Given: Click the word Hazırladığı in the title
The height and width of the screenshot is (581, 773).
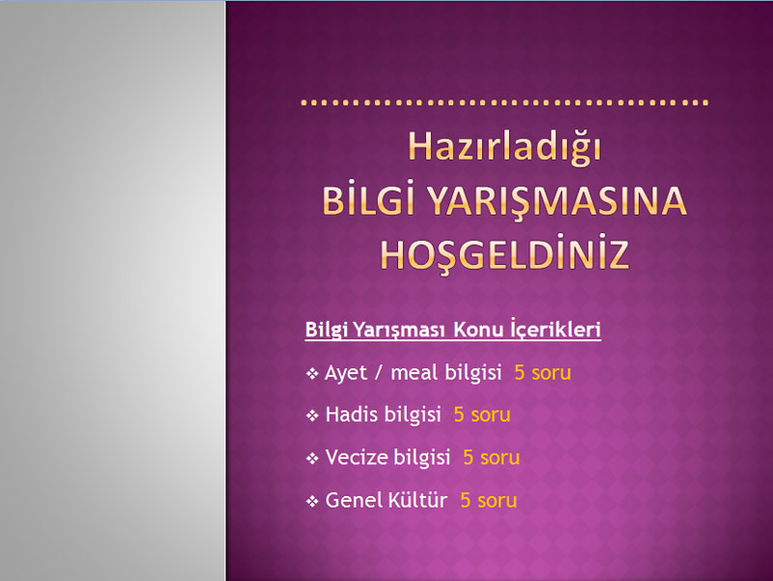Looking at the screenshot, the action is coord(504,148).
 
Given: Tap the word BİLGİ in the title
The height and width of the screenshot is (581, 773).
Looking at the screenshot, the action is coord(368,201).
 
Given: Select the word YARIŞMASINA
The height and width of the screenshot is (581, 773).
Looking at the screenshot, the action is coord(557,202).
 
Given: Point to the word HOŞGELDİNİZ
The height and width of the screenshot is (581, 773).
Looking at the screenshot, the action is coord(504,255).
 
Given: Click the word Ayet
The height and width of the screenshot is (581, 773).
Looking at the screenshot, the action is coord(346,373).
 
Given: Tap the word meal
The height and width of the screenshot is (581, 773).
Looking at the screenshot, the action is coord(415,372).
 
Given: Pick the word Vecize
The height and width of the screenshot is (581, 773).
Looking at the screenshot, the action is coord(357,457).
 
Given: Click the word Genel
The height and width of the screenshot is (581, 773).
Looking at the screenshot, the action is coord(353,500).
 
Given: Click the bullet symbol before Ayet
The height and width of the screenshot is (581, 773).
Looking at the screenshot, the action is coord(312,374).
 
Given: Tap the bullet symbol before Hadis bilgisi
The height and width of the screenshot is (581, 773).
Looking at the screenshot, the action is coord(312,416).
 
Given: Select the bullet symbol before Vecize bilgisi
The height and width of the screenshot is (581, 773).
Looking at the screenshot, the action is coord(312,458).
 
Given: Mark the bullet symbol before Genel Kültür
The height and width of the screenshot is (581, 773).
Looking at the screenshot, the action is coord(312,502).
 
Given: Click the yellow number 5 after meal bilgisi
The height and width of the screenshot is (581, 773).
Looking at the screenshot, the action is coord(519,373).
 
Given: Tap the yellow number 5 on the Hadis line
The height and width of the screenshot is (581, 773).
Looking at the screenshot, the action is coord(459,415).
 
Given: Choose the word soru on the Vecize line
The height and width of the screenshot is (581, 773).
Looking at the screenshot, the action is coord(500,458).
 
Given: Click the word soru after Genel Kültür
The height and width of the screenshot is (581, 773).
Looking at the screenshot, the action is coord(497,501).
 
